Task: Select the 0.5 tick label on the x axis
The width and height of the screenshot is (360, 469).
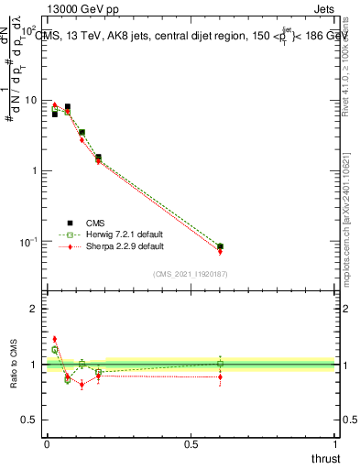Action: pos(191,444)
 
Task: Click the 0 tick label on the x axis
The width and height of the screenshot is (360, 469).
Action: pos(47,444)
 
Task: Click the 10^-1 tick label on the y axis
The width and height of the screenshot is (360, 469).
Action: pos(29,242)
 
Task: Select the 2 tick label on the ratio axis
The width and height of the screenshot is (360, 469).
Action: pos(35,309)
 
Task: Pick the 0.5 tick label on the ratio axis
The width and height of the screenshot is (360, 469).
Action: pos(31,420)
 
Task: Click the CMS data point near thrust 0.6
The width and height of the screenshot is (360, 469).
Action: pos(220,246)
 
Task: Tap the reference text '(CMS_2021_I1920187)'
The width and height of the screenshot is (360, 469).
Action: pos(191,274)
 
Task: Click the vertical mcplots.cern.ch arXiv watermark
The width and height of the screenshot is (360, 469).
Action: pos(349,211)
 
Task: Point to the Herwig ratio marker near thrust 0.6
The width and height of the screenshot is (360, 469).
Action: pos(220,364)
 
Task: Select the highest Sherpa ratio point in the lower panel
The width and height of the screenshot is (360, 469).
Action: pos(54,339)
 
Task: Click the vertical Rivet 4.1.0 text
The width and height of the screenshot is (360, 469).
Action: pos(349,73)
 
